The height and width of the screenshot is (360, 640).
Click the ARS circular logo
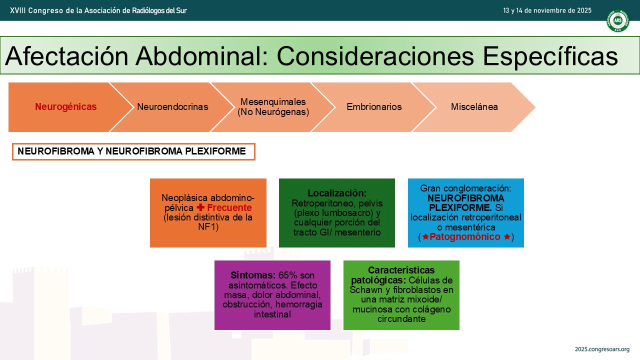click(x=618, y=20)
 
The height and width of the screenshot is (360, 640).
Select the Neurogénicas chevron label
click(x=65, y=106)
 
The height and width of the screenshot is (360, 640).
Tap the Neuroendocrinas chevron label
click(x=172, y=106)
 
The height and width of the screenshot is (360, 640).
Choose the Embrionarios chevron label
click(x=374, y=106)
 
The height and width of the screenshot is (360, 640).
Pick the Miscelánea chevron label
click(x=474, y=106)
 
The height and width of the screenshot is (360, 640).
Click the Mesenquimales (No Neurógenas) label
click(x=273, y=106)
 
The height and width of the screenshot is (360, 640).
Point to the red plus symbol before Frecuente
click(x=200, y=207)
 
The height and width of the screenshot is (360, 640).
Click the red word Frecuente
click(x=229, y=207)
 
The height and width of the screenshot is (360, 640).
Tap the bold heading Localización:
click(x=337, y=193)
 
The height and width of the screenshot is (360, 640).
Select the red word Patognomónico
click(x=465, y=236)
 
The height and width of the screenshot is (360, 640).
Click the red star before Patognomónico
click(x=425, y=236)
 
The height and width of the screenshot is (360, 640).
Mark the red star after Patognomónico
click(x=507, y=236)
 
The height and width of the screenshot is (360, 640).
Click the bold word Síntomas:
click(x=253, y=275)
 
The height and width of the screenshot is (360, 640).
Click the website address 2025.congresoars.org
click(x=602, y=349)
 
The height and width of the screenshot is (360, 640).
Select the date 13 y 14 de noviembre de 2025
click(x=547, y=10)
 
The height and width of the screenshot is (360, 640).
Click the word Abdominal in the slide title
click(x=202, y=56)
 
